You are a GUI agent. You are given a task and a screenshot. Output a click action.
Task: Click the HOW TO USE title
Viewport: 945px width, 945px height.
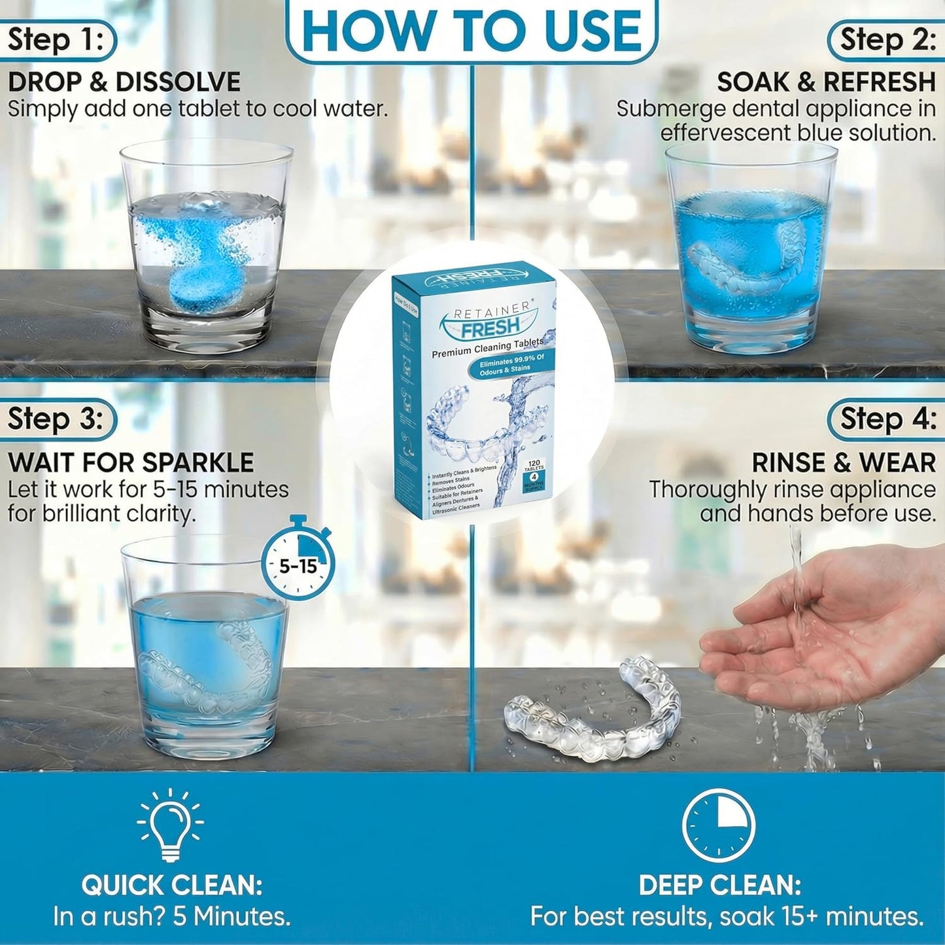(x=472, y=31)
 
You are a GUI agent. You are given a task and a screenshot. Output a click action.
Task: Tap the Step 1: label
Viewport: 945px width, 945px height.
(x=56, y=41)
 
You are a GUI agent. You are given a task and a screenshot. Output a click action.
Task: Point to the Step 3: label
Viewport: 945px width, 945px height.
(x=56, y=419)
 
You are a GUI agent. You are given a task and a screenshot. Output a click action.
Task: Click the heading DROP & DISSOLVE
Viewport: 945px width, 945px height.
(x=124, y=82)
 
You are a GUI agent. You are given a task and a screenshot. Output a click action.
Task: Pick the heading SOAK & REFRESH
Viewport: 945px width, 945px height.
(x=826, y=82)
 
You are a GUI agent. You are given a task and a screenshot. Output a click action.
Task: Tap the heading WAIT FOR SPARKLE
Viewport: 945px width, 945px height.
(x=131, y=462)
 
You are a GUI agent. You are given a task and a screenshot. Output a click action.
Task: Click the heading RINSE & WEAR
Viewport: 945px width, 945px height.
(x=844, y=462)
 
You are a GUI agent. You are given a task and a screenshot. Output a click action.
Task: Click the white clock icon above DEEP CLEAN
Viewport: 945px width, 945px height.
(x=718, y=825)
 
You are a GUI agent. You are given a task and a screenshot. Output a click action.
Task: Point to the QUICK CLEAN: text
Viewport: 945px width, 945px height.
(x=172, y=885)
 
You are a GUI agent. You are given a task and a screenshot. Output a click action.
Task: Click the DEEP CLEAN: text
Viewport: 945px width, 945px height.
(x=719, y=885)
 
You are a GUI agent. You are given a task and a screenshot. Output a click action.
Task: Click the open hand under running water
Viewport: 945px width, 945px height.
(x=817, y=621)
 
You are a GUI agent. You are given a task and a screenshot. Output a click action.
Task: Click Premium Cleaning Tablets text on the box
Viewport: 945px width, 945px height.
(x=487, y=348)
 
